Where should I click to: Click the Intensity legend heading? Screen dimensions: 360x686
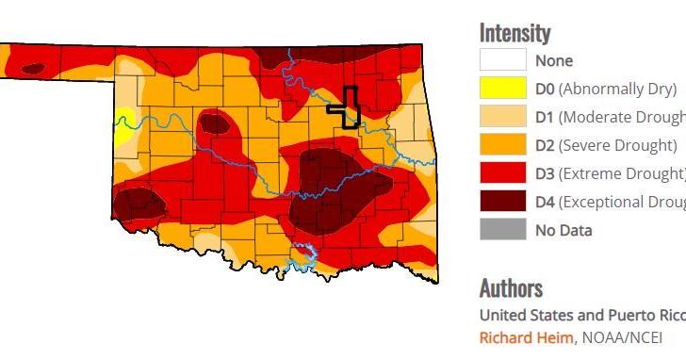pos(514,32)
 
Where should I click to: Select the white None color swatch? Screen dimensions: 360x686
pos(502,60)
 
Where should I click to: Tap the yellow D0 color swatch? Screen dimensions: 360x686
pos(502,89)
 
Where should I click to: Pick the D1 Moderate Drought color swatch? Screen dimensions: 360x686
pos(502,117)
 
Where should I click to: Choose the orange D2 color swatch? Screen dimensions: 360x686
pos(502,145)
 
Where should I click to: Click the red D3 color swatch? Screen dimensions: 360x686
pos(502,173)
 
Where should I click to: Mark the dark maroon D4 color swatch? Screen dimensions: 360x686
pos(502,202)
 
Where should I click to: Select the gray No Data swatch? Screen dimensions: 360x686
pos(502,230)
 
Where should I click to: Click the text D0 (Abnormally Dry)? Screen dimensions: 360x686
pos(606,89)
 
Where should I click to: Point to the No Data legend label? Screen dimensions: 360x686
pos(563,230)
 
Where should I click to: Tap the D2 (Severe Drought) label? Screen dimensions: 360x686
pos(606,145)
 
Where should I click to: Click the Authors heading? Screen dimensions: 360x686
pos(511,287)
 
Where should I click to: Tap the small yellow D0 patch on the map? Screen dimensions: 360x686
pos(122,124)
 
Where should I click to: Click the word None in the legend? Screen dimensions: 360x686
pos(554,60)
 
